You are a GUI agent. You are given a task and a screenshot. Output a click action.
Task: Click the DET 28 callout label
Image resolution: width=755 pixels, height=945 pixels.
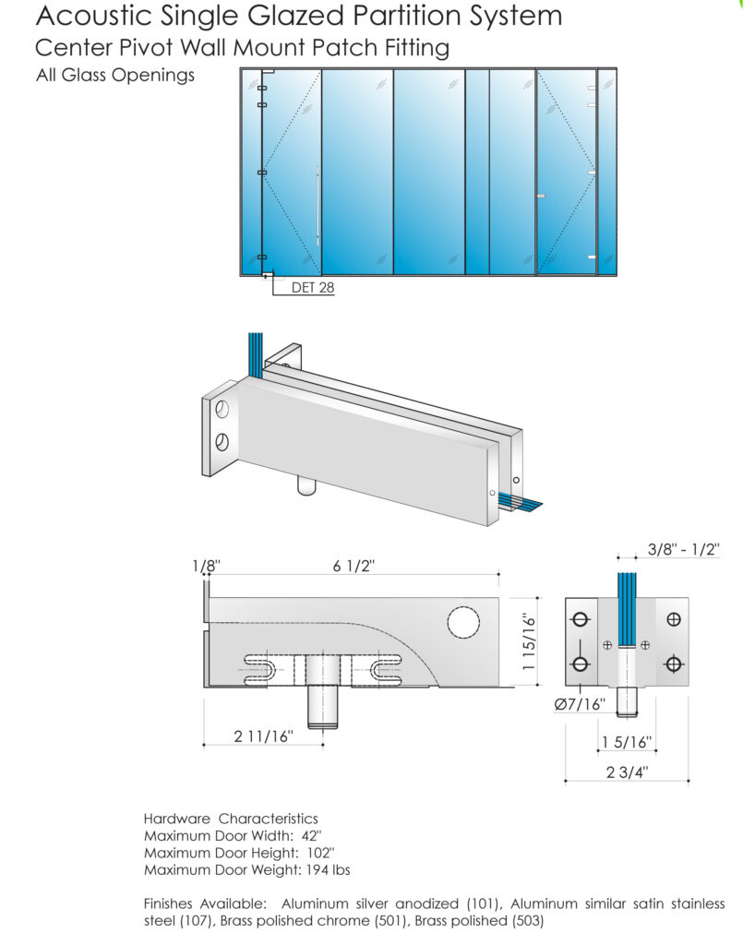[x=312, y=288]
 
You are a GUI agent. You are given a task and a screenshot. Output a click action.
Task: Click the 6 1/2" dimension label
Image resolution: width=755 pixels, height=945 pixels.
[x=352, y=567]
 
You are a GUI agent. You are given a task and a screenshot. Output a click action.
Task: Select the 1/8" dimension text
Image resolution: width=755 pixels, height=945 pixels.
[x=208, y=567]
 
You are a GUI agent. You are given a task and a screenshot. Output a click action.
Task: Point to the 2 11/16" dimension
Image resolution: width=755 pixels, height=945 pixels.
[x=263, y=736]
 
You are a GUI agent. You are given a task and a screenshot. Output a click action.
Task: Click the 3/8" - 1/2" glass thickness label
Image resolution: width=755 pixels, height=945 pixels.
[x=683, y=550]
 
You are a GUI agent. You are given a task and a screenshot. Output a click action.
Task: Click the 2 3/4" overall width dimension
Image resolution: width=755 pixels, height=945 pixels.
[x=627, y=773]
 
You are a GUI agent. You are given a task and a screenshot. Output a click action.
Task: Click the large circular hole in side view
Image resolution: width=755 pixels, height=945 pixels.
[x=463, y=623]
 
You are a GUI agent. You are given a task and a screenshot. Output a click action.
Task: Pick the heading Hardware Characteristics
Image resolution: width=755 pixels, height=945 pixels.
[x=231, y=819]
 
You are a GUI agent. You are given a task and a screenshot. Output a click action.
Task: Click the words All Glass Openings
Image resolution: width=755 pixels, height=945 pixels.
[x=115, y=76]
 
